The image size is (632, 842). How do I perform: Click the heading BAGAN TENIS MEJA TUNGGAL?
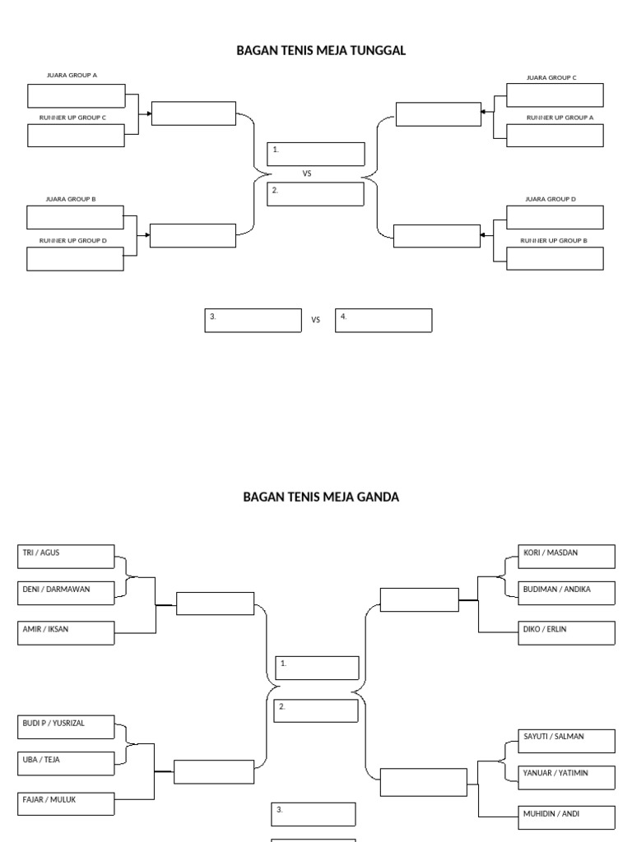point(321,51)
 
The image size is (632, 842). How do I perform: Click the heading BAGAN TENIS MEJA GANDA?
point(321,497)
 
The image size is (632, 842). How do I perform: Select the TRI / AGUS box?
point(66,557)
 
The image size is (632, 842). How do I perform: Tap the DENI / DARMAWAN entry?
point(66,593)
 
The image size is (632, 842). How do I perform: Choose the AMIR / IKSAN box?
point(66,632)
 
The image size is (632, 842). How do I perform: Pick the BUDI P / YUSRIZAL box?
point(66,728)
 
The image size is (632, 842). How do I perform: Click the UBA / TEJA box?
point(66,764)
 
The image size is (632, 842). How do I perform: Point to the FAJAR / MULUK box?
point(66,803)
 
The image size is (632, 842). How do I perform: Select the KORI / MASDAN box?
point(567,557)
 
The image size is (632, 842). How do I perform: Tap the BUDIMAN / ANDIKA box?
point(567,593)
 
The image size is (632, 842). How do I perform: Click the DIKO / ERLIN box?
point(567,633)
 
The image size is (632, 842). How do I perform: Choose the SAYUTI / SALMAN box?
point(567,741)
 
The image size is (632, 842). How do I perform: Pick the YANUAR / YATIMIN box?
point(567,777)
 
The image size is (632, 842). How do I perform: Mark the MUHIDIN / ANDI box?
point(567,817)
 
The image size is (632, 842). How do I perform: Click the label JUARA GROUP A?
point(72,75)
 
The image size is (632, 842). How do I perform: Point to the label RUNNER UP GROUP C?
point(73,118)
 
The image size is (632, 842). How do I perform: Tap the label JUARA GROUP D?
point(551,199)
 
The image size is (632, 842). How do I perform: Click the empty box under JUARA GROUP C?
point(555,95)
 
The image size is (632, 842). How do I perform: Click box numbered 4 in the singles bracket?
point(383,321)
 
